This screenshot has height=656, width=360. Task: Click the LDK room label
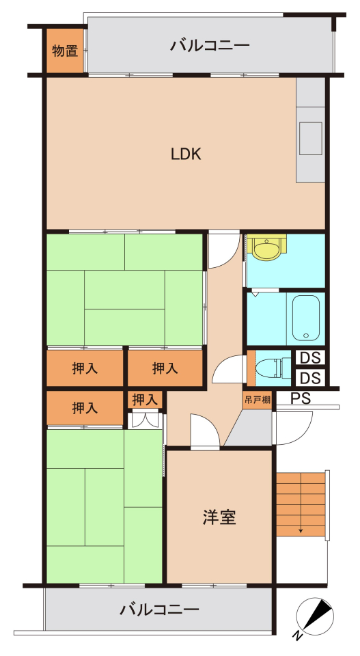(x=186, y=154)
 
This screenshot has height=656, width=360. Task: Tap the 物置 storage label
(x=65, y=51)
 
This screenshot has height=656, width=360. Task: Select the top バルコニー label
(x=210, y=45)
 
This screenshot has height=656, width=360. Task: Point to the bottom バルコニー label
(x=159, y=610)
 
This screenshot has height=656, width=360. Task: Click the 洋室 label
(x=219, y=518)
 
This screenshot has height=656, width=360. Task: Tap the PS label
(x=301, y=398)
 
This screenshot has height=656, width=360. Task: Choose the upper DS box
(x=311, y=358)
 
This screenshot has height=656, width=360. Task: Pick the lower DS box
(x=311, y=378)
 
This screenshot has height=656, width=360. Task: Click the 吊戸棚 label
(x=257, y=400)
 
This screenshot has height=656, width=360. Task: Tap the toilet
(x=279, y=368)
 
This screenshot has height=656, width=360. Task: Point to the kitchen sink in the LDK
(x=311, y=139)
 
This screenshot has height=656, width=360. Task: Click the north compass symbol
(x=316, y=616)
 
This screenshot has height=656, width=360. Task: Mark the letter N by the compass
(x=298, y=636)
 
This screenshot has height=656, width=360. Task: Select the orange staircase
(x=301, y=504)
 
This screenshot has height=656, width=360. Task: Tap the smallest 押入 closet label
(x=145, y=400)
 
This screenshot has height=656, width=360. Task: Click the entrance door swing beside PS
(x=292, y=428)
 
